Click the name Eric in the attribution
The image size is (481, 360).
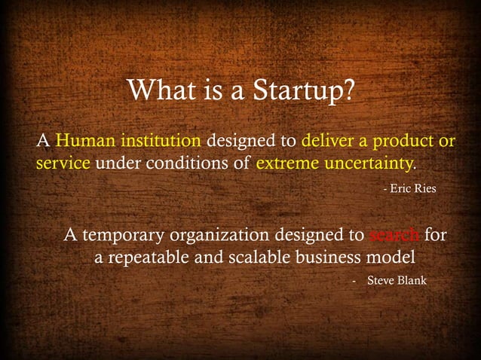pyautogui.click(x=400, y=188)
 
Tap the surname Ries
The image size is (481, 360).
pyautogui.click(x=425, y=188)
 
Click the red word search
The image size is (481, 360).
pyautogui.click(x=394, y=235)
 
